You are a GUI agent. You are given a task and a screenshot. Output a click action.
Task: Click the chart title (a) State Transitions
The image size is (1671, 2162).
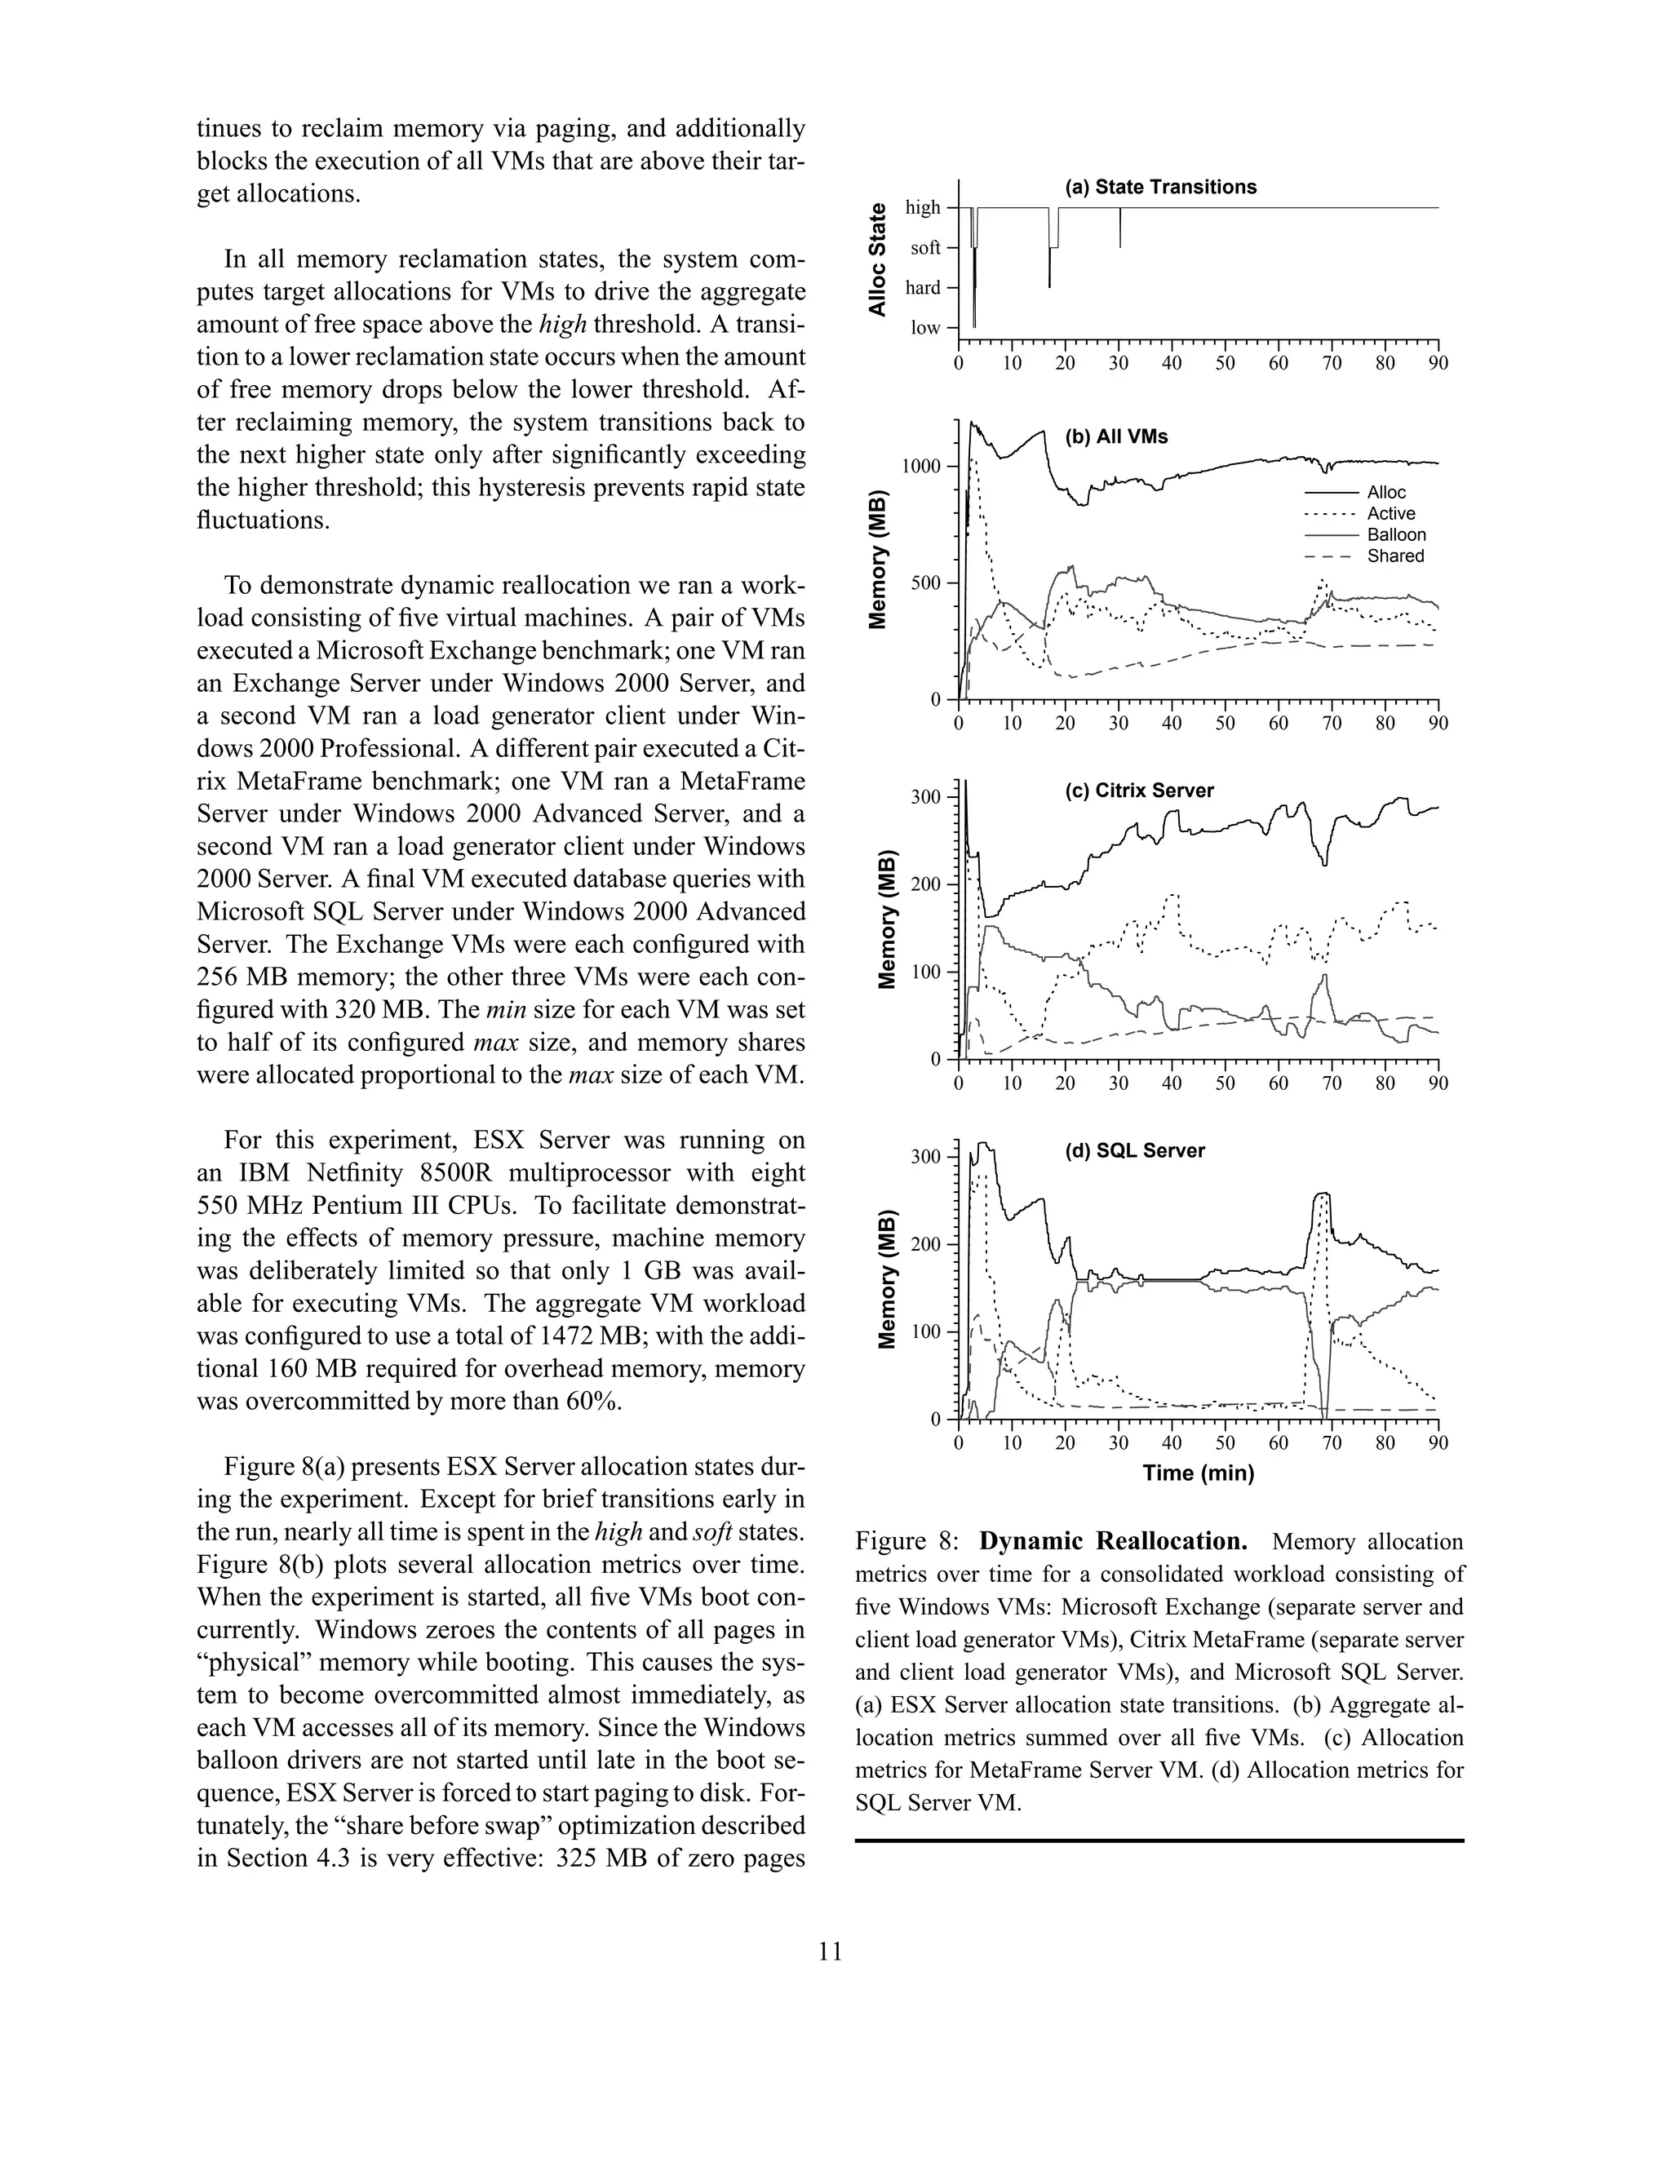pyautogui.click(x=1160, y=187)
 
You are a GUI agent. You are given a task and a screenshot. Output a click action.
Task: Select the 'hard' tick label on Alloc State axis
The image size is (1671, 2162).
pyautogui.click(x=923, y=288)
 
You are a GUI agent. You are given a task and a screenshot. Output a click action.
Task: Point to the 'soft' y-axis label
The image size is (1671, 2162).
pyautogui.click(x=925, y=247)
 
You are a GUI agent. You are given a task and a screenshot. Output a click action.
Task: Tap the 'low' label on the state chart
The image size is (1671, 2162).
pyautogui.click(x=925, y=329)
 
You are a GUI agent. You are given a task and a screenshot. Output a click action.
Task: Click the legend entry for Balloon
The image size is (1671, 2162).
pyautogui.click(x=1396, y=534)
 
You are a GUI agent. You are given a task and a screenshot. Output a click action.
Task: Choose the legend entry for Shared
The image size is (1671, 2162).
pyautogui.click(x=1394, y=556)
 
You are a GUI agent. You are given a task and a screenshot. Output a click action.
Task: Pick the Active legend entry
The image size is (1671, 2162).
pyautogui.click(x=1391, y=514)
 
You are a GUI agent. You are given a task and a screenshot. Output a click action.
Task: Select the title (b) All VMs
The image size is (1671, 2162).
pyautogui.click(x=1115, y=436)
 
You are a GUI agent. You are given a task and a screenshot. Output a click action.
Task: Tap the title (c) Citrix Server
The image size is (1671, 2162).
pyautogui.click(x=1138, y=791)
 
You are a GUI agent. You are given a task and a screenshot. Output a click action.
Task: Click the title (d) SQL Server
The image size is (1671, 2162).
pyautogui.click(x=1134, y=1150)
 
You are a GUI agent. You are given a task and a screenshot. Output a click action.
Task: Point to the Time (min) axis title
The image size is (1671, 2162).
pyautogui.click(x=1198, y=1473)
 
